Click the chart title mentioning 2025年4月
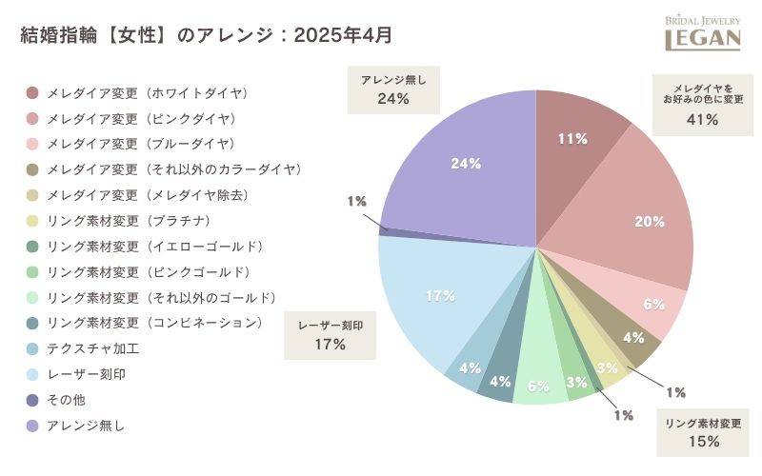[x=206, y=35]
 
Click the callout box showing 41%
[x=702, y=102]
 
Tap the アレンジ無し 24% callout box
[x=392, y=89]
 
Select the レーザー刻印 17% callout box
[x=330, y=334]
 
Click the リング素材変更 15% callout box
[x=703, y=431]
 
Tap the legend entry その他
[x=66, y=400]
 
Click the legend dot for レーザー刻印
[x=32, y=374]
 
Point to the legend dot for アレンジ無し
[x=32, y=426]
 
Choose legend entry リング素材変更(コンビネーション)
[x=153, y=323]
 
